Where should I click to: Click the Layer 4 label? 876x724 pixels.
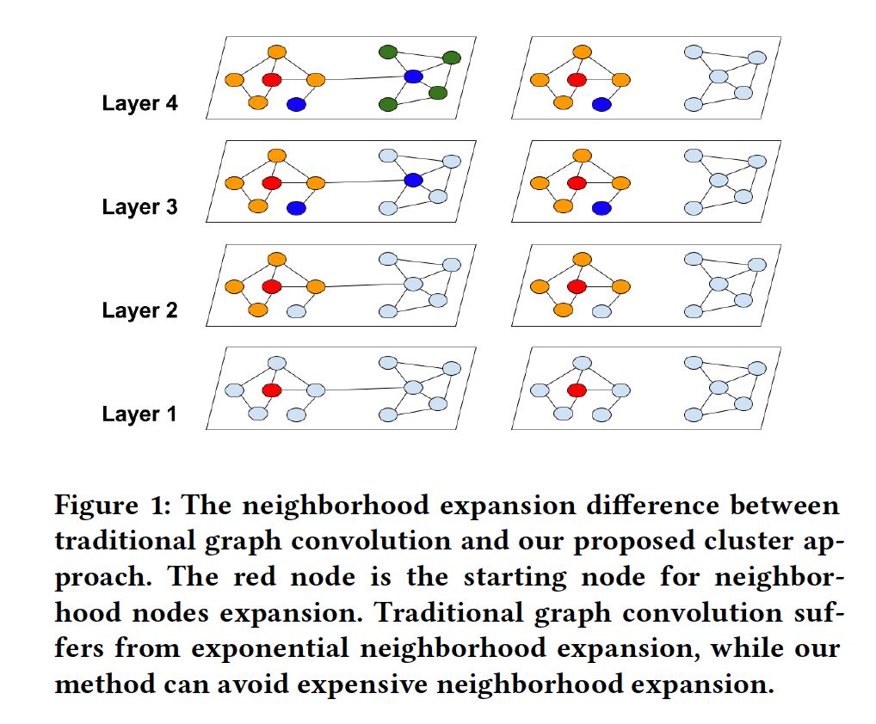139,104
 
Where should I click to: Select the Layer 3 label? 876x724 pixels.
139,207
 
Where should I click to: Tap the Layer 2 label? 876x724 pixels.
139,310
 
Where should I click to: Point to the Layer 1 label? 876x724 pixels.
139,414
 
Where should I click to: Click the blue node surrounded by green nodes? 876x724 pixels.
414,77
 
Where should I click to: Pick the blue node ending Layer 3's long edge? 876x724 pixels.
413,180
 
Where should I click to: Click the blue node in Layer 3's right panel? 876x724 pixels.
601,207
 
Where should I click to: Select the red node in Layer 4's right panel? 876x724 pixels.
577,79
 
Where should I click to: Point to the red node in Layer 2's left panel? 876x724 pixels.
272,286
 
